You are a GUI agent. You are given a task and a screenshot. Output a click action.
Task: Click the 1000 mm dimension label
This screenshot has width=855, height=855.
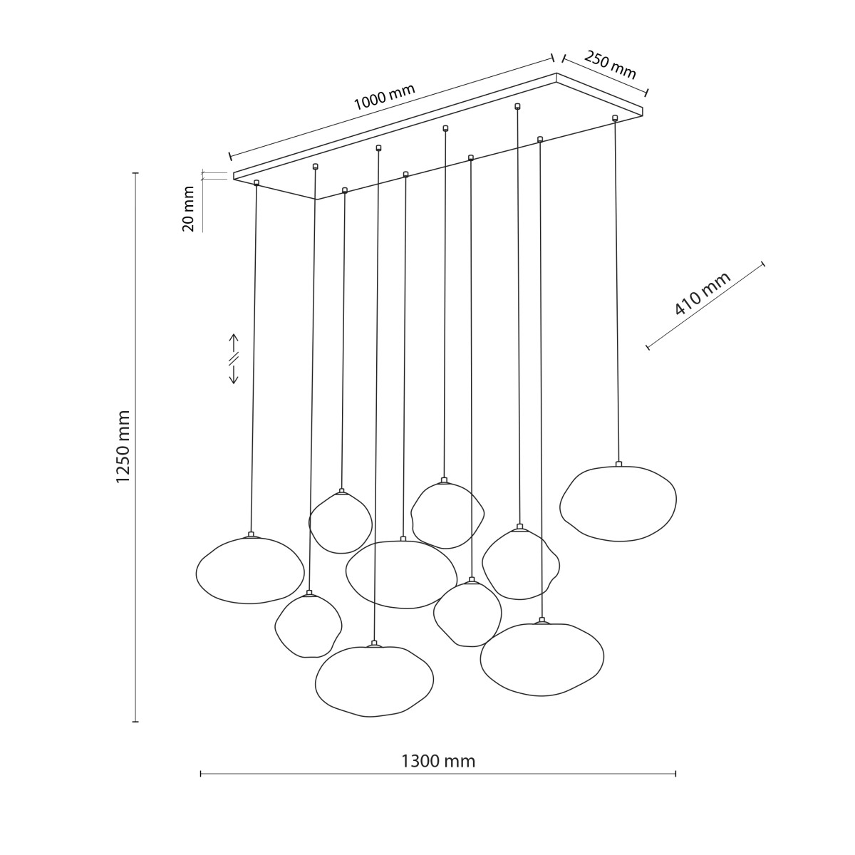[x=384, y=97]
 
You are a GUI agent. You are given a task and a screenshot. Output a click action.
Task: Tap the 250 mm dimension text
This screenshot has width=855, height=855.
[x=610, y=66]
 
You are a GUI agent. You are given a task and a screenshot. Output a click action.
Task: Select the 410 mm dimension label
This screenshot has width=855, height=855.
[x=703, y=294]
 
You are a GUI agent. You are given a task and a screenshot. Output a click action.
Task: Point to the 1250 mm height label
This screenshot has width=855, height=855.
[x=123, y=446]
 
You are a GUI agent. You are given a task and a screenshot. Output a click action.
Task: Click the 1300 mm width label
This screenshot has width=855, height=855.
[x=438, y=762]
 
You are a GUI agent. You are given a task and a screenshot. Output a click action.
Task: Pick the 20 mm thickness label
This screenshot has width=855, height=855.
[x=189, y=209]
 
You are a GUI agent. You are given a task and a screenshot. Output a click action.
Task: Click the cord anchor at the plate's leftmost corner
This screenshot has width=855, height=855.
[x=256, y=182]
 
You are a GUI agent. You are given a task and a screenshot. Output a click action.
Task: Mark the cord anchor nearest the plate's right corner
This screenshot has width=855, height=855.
[x=614, y=118]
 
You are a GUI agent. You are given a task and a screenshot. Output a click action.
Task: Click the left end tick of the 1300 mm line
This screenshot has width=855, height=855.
[x=201, y=774]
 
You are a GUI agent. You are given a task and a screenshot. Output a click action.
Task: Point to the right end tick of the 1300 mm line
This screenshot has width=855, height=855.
[x=675, y=774]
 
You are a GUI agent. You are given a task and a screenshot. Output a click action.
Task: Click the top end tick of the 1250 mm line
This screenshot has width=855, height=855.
[x=136, y=173]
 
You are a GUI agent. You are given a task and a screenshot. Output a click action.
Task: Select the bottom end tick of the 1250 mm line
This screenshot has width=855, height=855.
[x=136, y=722]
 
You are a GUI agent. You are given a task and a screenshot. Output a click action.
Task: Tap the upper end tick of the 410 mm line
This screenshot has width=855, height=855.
[x=763, y=264]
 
